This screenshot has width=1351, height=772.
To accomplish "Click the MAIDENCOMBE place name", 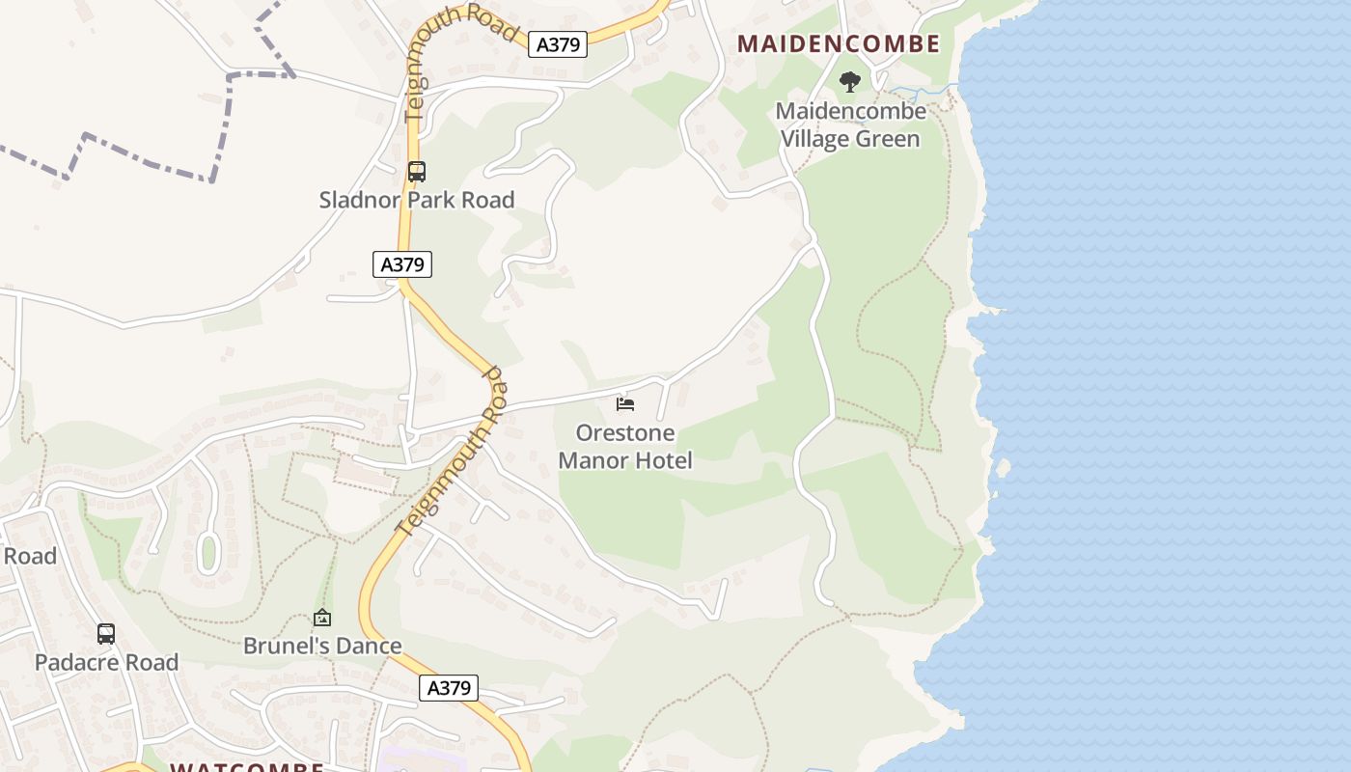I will point(838,43).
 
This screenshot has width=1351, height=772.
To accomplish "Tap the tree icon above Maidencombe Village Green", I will point(849,82).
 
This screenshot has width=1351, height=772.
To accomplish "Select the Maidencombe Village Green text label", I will point(850,124).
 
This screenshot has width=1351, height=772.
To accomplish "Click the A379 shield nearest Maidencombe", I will point(558,44).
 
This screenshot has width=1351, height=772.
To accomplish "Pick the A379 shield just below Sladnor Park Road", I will point(402,264).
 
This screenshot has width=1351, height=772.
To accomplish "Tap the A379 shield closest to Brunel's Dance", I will point(449,687).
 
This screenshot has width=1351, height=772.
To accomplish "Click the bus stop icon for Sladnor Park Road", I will point(416,172).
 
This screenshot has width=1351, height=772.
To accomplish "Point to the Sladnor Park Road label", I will point(417,200).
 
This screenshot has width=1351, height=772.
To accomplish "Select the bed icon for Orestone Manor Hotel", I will point(625,403).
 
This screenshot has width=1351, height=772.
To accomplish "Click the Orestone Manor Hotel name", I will point(625,446).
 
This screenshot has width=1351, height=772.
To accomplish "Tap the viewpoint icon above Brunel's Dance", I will point(322,618).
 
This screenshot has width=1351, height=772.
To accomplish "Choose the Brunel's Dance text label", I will point(322,646).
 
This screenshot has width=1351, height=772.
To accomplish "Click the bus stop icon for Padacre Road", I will point(106,634).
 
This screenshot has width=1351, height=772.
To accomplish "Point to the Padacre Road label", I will point(106,662).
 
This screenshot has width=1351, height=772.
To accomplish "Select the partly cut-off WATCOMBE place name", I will point(246,767).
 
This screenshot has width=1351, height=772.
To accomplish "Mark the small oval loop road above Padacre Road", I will point(207,553).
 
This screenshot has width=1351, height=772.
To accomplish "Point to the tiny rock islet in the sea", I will point(1003,468).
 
